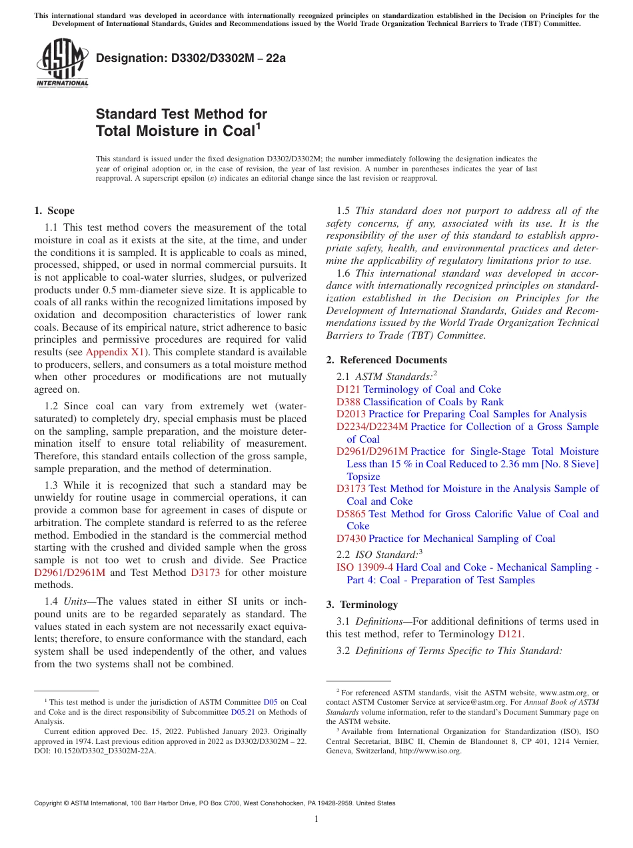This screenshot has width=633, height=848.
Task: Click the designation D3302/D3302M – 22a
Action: [x=191, y=58]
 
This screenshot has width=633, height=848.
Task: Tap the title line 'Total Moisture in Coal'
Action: [x=176, y=131]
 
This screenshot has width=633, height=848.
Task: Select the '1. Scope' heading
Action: [x=55, y=211]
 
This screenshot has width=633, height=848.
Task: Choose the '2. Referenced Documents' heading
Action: [x=386, y=360]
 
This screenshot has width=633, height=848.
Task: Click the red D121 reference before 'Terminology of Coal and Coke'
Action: [x=348, y=389]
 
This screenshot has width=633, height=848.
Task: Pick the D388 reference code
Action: [x=348, y=402]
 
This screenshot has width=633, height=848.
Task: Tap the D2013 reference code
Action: [x=351, y=414]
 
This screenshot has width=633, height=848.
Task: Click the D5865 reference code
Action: [x=351, y=514]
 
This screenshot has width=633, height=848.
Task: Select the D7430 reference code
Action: [x=351, y=539]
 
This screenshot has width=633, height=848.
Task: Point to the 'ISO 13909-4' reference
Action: [x=364, y=567]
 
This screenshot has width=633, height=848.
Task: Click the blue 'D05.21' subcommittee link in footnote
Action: [x=244, y=712]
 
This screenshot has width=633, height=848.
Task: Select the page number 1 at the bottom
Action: [x=316, y=819]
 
